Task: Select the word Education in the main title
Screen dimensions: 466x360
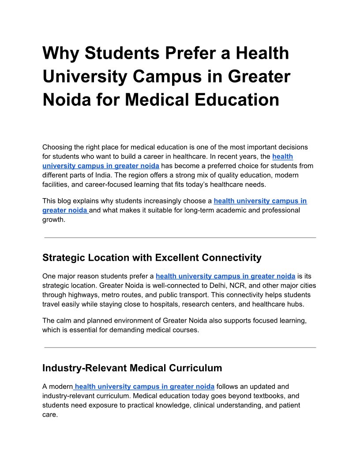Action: [233, 99]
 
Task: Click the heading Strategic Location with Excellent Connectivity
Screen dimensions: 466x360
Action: [152, 257]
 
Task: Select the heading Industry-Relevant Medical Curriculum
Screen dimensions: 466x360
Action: [132, 368]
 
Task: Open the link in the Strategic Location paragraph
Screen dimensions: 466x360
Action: [225, 276]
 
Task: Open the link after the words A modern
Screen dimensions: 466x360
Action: [144, 387]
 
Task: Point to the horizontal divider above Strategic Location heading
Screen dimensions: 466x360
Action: [180, 238]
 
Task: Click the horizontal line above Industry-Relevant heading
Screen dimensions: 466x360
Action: [180, 348]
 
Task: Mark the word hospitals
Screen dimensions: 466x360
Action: [164, 304]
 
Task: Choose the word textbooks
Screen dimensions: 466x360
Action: [265, 396]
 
